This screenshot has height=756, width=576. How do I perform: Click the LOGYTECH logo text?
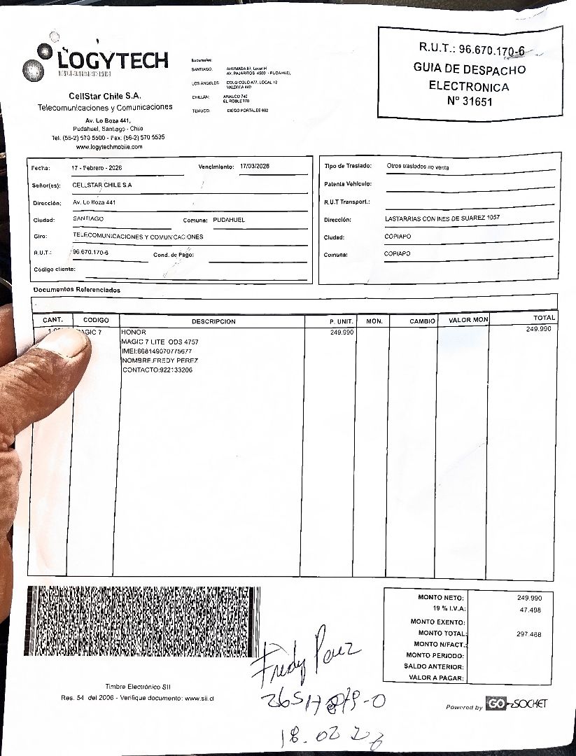(x=112, y=61)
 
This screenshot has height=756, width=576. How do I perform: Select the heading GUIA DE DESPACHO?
(x=469, y=69)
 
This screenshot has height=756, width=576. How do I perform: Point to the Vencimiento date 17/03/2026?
(x=254, y=167)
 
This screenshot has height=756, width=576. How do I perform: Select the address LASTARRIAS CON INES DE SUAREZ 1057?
(x=442, y=218)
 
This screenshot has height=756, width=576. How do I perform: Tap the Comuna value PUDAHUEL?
(x=229, y=220)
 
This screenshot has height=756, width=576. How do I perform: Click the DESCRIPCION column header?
(x=213, y=321)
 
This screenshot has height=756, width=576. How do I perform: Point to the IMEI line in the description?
(x=157, y=351)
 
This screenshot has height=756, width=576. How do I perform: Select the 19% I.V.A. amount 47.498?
(x=530, y=610)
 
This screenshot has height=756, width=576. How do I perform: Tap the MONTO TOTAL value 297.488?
(x=529, y=633)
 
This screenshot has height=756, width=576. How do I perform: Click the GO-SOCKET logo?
(x=517, y=704)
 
